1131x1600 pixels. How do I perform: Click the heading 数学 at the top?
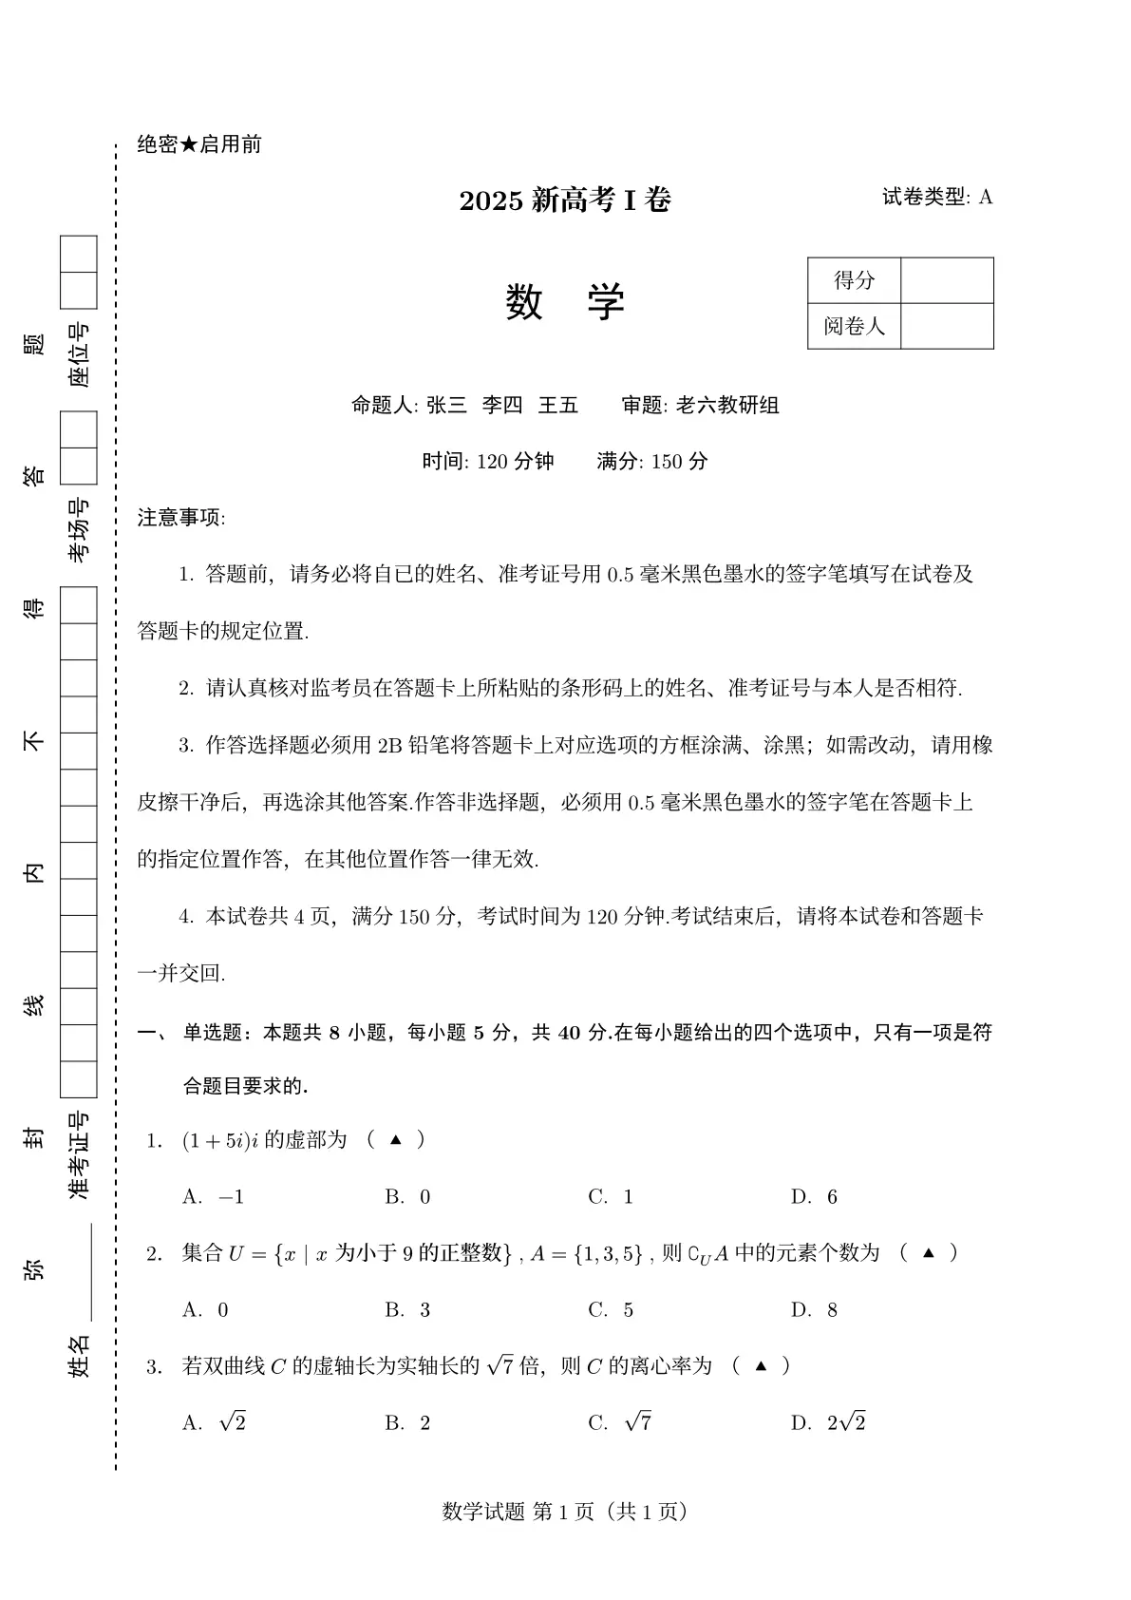[x=565, y=303]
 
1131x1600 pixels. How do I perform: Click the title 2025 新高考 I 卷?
[x=565, y=200]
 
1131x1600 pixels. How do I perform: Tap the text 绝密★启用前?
[x=199, y=144]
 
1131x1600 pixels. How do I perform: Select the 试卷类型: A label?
[x=936, y=197]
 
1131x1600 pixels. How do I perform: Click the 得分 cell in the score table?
[x=854, y=280]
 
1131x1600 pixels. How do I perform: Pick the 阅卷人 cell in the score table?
[x=854, y=326]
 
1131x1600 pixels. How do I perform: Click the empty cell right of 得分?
[x=946, y=280]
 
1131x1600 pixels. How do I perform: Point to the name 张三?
[x=446, y=406]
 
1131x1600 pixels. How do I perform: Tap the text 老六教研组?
[x=727, y=406]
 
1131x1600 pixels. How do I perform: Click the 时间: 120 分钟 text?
[x=487, y=462]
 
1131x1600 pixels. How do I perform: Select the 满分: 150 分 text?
[x=652, y=462]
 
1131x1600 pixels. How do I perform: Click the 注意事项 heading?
[x=181, y=518]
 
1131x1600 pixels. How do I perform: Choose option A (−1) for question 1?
[x=214, y=1197]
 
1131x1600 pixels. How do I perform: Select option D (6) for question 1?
[x=815, y=1197]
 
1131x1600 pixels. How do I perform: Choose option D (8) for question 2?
[x=815, y=1310]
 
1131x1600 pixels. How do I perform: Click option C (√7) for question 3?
[x=620, y=1422]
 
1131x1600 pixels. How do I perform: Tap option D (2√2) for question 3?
[x=828, y=1422]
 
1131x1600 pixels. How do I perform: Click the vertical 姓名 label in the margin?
[x=80, y=1355]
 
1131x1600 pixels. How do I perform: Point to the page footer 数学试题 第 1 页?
[x=565, y=1511]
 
